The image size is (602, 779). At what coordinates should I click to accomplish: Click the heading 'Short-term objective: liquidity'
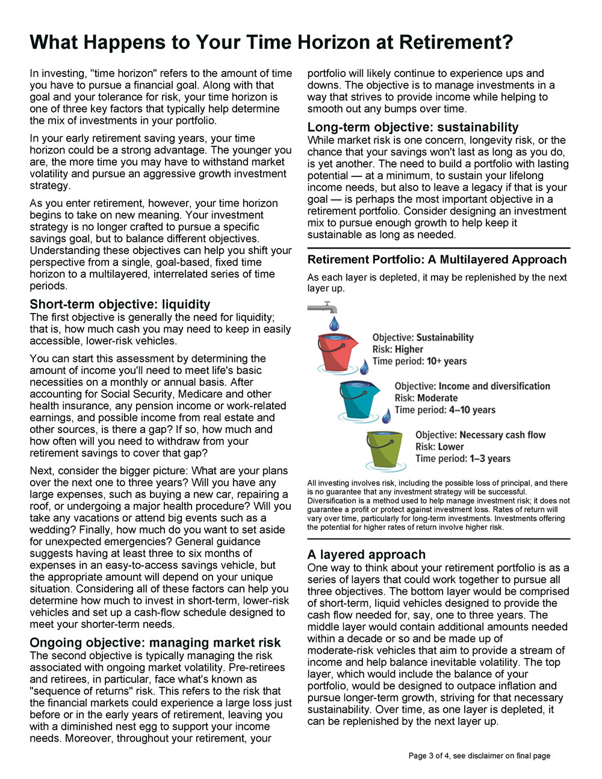[120, 304]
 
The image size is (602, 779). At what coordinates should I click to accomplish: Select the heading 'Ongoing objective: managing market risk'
[155, 642]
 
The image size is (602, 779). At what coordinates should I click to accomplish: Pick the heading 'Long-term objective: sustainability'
[413, 127]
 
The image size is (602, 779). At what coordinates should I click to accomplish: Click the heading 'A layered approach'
[366, 554]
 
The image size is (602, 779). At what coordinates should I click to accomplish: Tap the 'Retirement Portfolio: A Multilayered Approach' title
[437, 259]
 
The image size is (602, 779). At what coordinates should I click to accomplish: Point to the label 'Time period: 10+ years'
[420, 361]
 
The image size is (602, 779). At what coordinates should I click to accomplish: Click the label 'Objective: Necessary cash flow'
[480, 435]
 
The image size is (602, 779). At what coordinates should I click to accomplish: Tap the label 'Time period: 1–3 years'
[463, 459]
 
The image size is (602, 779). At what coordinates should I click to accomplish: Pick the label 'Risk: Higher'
[398, 349]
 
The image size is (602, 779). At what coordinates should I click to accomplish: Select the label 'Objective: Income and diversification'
[472, 386]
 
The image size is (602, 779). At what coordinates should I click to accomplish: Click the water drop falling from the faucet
[334, 323]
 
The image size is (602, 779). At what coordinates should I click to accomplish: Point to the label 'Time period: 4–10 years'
[445, 410]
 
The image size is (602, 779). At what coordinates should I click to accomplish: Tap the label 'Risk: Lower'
[439, 447]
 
